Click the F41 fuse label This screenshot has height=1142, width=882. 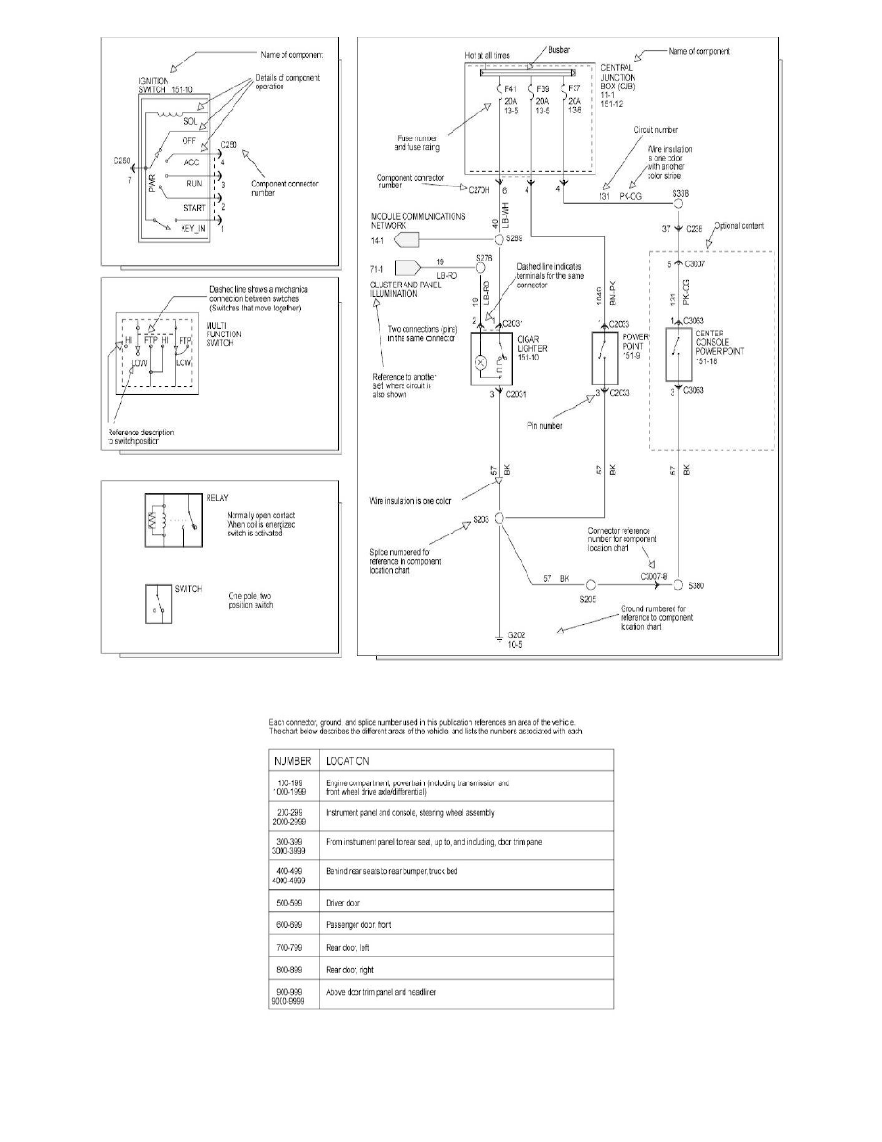(x=510, y=89)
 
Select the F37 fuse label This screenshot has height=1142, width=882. (x=576, y=89)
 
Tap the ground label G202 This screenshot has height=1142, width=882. (x=517, y=636)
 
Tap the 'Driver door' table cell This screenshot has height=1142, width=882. (x=349, y=905)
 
